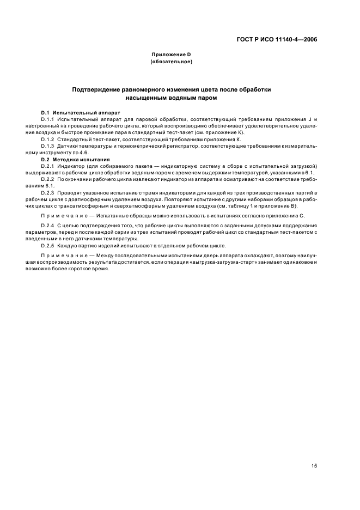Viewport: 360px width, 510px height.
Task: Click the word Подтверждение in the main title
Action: [101, 89]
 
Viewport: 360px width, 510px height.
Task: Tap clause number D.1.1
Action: [48, 119]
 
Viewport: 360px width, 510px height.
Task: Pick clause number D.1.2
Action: [48, 139]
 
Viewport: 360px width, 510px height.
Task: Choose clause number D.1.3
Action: [48, 147]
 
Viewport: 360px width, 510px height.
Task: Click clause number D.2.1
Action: [48, 166]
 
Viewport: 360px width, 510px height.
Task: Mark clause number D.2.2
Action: [48, 180]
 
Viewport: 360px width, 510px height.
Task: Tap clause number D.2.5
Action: [48, 246]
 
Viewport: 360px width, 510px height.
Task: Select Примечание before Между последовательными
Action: [66, 256]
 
